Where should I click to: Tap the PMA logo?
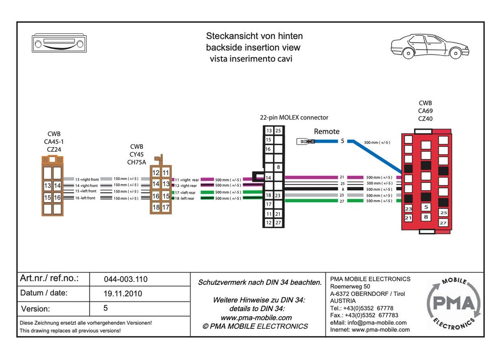pyautogui.click(x=451, y=304)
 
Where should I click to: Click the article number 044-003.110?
pyautogui.click(x=125, y=279)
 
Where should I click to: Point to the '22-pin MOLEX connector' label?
pyautogui.click(x=294, y=117)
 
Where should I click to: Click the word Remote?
pyautogui.click(x=327, y=132)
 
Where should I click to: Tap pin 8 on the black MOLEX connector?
pyautogui.click(x=278, y=167)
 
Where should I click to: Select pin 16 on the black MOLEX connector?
pyautogui.click(x=269, y=149)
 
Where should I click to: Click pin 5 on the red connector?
pyautogui.click(x=426, y=207)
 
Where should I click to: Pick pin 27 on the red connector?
pyautogui.click(x=443, y=222)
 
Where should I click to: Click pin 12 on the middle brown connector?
pyautogui.click(x=156, y=173)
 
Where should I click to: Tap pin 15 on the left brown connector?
pyautogui.click(x=48, y=198)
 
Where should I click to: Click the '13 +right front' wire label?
pyautogui.click(x=86, y=179)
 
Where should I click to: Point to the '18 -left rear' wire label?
pyautogui.click(x=185, y=199)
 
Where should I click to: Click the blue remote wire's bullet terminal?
pyautogui.click(x=305, y=142)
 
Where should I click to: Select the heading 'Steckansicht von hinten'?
pyautogui.click(x=255, y=36)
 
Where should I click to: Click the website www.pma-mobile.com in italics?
pyautogui.click(x=256, y=318)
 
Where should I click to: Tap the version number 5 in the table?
pyautogui.click(x=105, y=308)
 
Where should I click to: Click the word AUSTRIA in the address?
pyautogui.click(x=343, y=301)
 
